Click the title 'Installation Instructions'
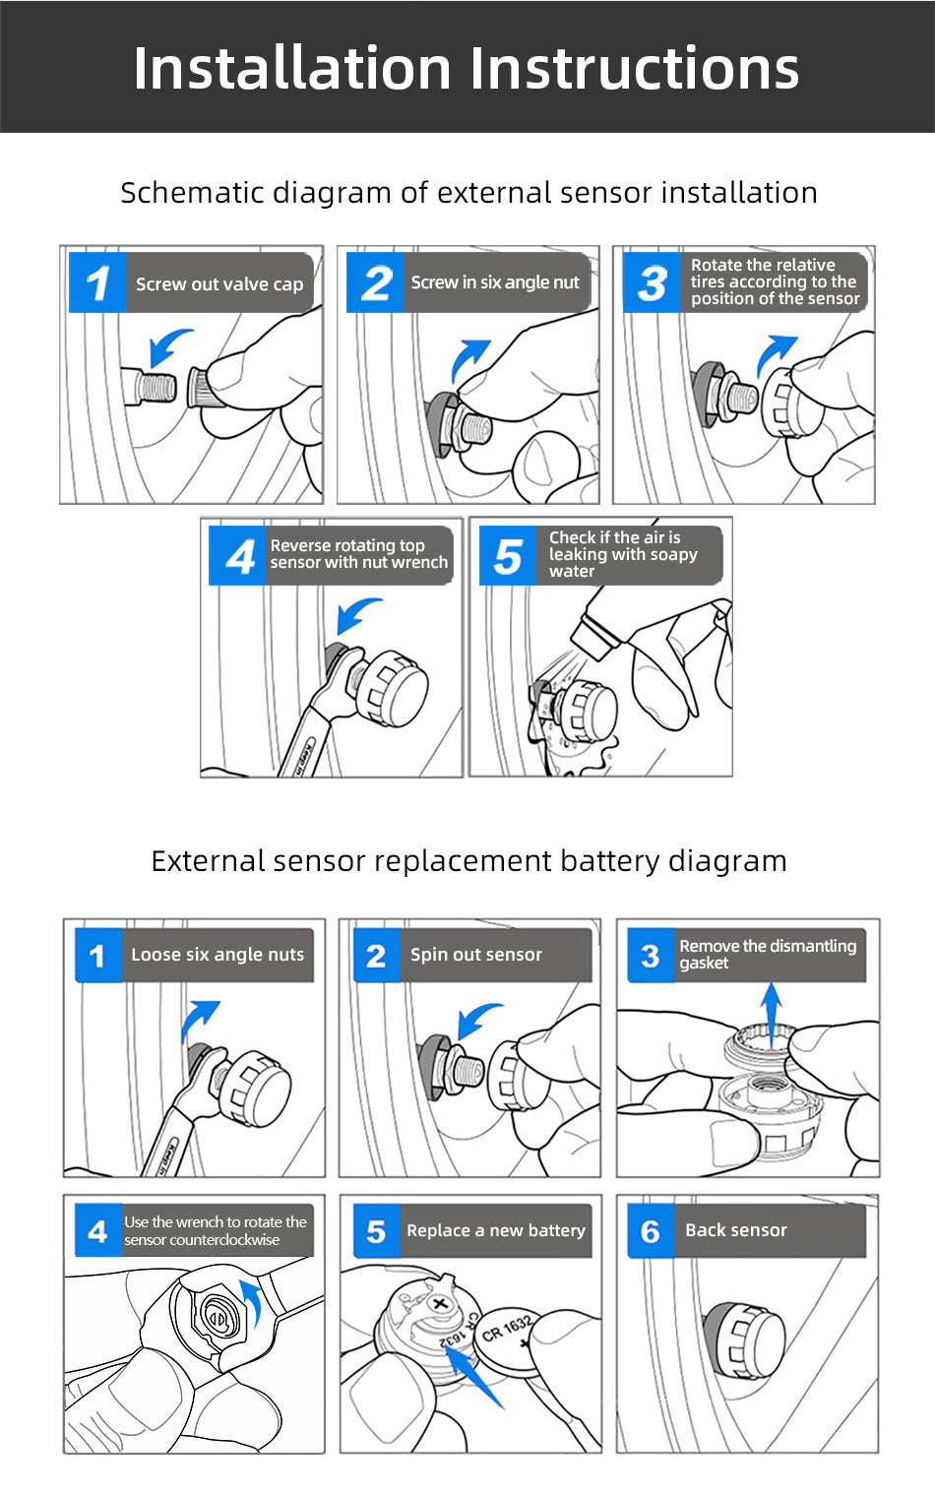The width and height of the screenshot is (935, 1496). click(x=467, y=68)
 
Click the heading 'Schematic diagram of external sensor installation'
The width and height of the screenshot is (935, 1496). click(x=468, y=193)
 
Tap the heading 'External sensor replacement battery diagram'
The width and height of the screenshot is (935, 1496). click(x=468, y=861)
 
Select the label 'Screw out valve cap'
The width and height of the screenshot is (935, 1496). click(x=218, y=284)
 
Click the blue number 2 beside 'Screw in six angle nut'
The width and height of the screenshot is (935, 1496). click(x=376, y=283)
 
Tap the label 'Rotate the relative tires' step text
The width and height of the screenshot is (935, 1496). click(x=774, y=282)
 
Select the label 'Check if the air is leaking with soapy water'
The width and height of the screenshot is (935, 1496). click(x=622, y=554)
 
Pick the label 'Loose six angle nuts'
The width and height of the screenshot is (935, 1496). click(x=217, y=955)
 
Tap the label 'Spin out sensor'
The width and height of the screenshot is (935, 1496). click(x=475, y=955)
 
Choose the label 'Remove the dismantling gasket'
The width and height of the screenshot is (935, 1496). click(x=767, y=955)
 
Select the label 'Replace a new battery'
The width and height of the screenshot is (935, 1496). click(x=495, y=1230)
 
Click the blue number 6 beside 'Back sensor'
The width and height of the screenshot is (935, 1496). click(x=651, y=1231)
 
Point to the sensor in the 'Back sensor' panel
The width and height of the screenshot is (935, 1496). click(x=745, y=1340)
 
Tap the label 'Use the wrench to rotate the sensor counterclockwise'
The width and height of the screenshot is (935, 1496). click(x=215, y=1231)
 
